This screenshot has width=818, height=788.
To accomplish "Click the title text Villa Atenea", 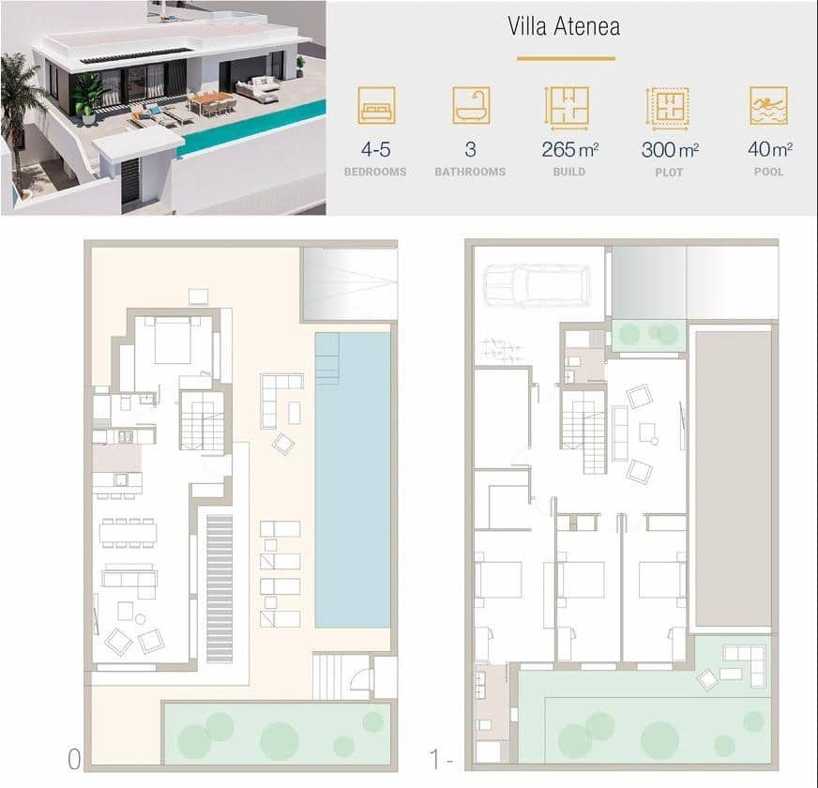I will [x=564, y=25].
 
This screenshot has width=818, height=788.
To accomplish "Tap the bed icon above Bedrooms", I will [x=376, y=106].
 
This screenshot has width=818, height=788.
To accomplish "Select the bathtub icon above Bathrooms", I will [x=471, y=106].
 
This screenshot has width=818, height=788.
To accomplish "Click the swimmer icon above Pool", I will [x=768, y=106].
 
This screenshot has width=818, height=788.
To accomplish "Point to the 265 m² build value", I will [x=569, y=149].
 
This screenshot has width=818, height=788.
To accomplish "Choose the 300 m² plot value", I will [x=669, y=149].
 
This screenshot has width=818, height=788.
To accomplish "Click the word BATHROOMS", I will [x=470, y=172].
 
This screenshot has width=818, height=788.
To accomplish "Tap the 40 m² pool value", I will [x=769, y=149].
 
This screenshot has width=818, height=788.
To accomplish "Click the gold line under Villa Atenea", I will [x=564, y=58].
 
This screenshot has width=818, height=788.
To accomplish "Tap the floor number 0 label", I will [x=74, y=757].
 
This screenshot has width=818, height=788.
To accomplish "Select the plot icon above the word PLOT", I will [x=668, y=106].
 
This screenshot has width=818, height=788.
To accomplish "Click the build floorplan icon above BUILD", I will [x=568, y=106].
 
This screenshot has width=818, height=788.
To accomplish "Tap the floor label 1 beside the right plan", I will [x=434, y=757].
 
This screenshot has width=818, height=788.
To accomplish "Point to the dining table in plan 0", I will [x=129, y=533].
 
